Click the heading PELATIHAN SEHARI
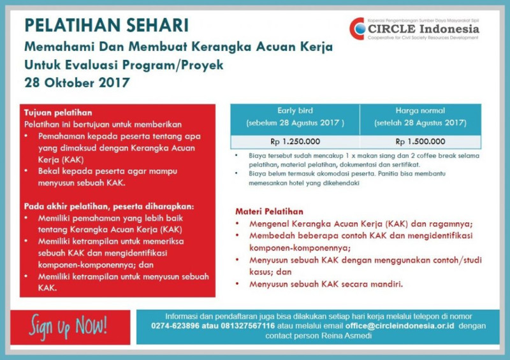point(106,26)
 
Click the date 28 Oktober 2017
point(76,82)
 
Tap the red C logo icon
point(357,29)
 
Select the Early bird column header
point(295,110)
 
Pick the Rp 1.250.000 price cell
point(295,141)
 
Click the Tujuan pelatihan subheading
point(58,112)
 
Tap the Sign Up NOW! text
point(68,326)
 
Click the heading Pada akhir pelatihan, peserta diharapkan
point(109,206)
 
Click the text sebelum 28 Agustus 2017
point(295,122)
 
